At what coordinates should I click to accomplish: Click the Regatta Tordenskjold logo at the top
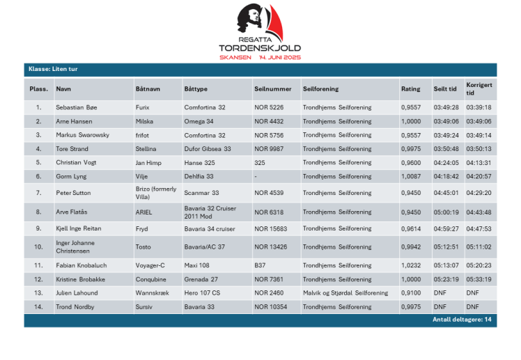[260, 31]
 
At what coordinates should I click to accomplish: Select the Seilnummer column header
[272, 89]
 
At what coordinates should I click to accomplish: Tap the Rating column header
[410, 89]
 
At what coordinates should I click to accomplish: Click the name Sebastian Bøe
[77, 108]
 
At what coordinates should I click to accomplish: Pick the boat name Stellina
[146, 149]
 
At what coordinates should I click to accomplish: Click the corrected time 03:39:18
[479, 108]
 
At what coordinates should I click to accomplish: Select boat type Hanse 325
[201, 163]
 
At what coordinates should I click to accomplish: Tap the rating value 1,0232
[411, 265]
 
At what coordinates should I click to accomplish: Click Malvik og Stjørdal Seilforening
[345, 293]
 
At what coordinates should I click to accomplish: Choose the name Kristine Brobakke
[81, 279]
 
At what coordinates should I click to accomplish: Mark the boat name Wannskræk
[153, 293]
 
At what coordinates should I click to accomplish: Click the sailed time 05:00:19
[446, 212]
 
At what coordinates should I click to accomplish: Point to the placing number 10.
[38, 246]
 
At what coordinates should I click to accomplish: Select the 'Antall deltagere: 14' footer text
[462, 320]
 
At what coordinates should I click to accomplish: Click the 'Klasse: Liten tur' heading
[52, 70]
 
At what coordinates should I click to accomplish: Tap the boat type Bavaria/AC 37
[205, 246]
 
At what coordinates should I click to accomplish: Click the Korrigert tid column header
[479, 89]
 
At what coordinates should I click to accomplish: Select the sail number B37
[260, 265]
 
